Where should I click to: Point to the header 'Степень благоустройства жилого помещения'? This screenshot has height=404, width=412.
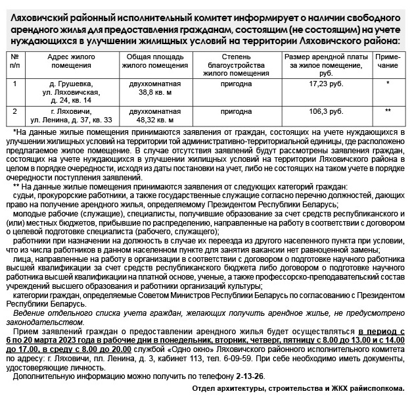233,65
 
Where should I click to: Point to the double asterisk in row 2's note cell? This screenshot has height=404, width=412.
388,111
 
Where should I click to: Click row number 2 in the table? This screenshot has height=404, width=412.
14,111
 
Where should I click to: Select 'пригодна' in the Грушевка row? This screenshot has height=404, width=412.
233,84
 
